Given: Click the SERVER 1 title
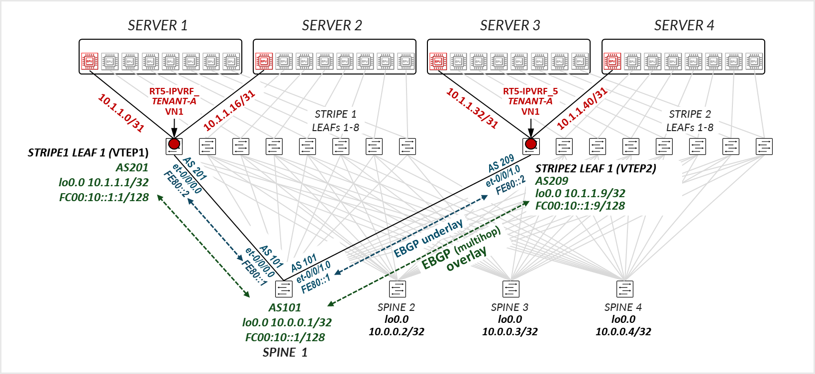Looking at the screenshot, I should pyautogui.click(x=158, y=25).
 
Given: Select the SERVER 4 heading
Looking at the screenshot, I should pyautogui.click(x=684, y=25).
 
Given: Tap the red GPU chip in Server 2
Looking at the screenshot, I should pyautogui.click(x=264, y=62).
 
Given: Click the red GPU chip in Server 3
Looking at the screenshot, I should pyautogui.click(x=438, y=62).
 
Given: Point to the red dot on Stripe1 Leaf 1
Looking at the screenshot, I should pyautogui.click(x=174, y=144).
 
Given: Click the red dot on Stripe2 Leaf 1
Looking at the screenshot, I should pyautogui.click(x=531, y=144).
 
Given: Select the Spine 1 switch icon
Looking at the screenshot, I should pyautogui.click(x=284, y=289).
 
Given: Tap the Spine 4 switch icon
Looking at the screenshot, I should pyautogui.click(x=624, y=289).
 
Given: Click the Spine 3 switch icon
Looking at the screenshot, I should pyautogui.click(x=511, y=289).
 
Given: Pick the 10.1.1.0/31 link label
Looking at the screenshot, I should pyautogui.click(x=121, y=113).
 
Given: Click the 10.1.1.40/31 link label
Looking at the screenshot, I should pyautogui.click(x=582, y=108).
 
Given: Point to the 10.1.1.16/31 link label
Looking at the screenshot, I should pyautogui.click(x=229, y=110).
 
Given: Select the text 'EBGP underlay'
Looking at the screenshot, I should pyautogui.click(x=428, y=238).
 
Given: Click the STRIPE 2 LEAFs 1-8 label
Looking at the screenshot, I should pyautogui.click(x=690, y=121).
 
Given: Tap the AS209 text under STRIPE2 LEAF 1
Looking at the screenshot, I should pyautogui.click(x=551, y=181).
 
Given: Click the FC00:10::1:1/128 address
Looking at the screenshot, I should pyautogui.click(x=104, y=197).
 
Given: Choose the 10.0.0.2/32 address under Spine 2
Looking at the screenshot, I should pyautogui.click(x=397, y=331).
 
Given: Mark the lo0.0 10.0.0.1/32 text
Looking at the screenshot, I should pyautogui.click(x=287, y=322).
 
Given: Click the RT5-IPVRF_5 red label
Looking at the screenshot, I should pyautogui.click(x=530, y=91).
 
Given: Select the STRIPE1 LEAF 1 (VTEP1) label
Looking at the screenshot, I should pyautogui.click(x=88, y=152).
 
